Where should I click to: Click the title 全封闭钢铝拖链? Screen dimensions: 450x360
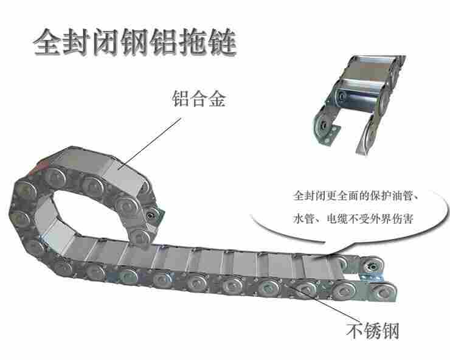coord(135,42)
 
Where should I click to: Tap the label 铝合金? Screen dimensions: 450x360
coord(199,99)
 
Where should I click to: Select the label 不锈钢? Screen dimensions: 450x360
coord(373,330)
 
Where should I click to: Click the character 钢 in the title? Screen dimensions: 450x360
coord(135,42)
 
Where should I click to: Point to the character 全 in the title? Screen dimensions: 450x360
coord(47,42)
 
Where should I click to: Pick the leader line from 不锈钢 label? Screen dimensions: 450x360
coord(323,302)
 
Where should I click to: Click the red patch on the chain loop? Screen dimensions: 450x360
coord(40,167)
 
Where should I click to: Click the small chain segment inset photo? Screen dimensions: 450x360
coord(359,104)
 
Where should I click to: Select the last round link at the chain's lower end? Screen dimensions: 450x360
coord(382,292)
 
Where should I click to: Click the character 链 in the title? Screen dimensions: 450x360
coord(223,42)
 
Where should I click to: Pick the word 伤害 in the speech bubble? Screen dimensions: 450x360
coord(403,219)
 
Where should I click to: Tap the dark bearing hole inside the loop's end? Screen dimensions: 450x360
coord(150,215)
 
